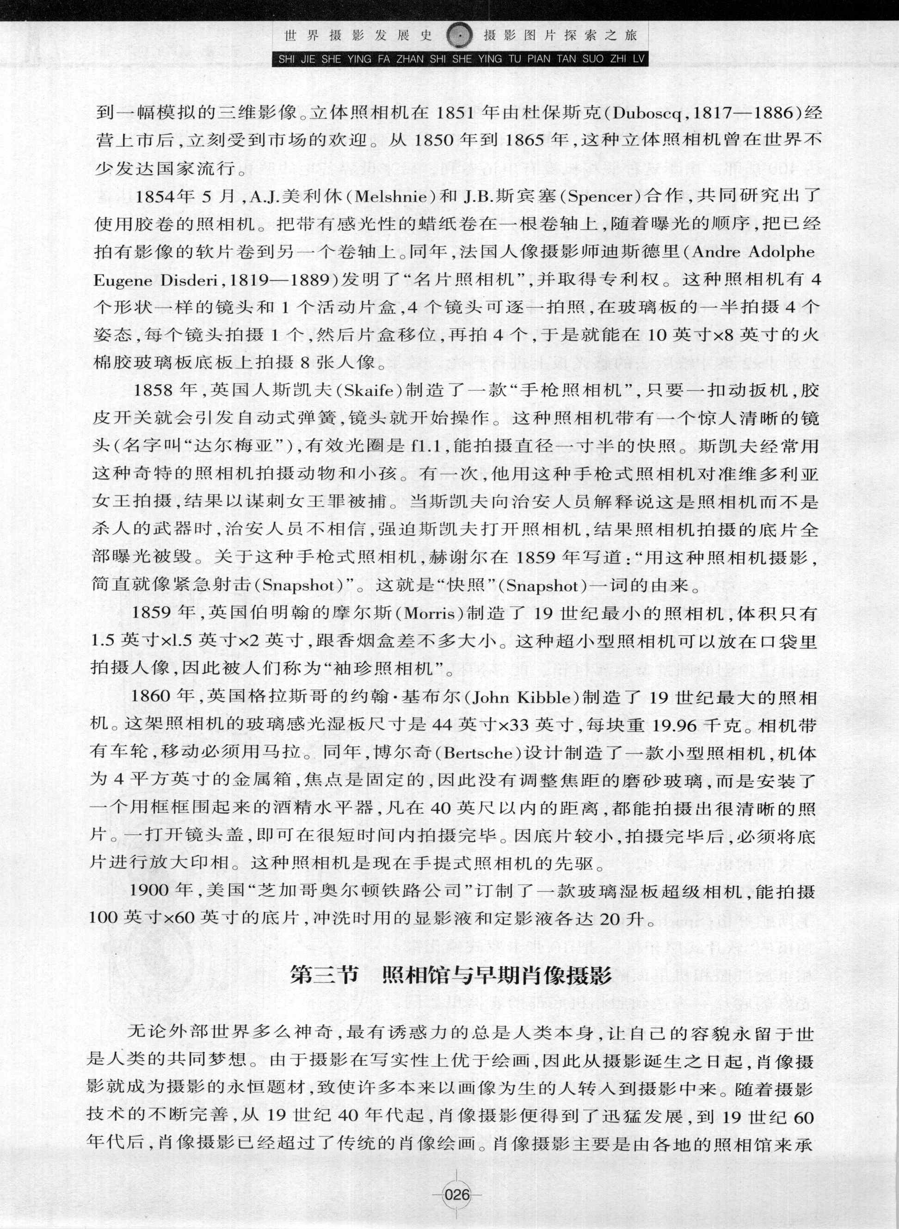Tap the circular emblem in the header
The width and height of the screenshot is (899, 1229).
click(x=458, y=37)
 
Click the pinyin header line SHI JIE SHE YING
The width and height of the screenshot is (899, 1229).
click(x=460, y=59)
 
